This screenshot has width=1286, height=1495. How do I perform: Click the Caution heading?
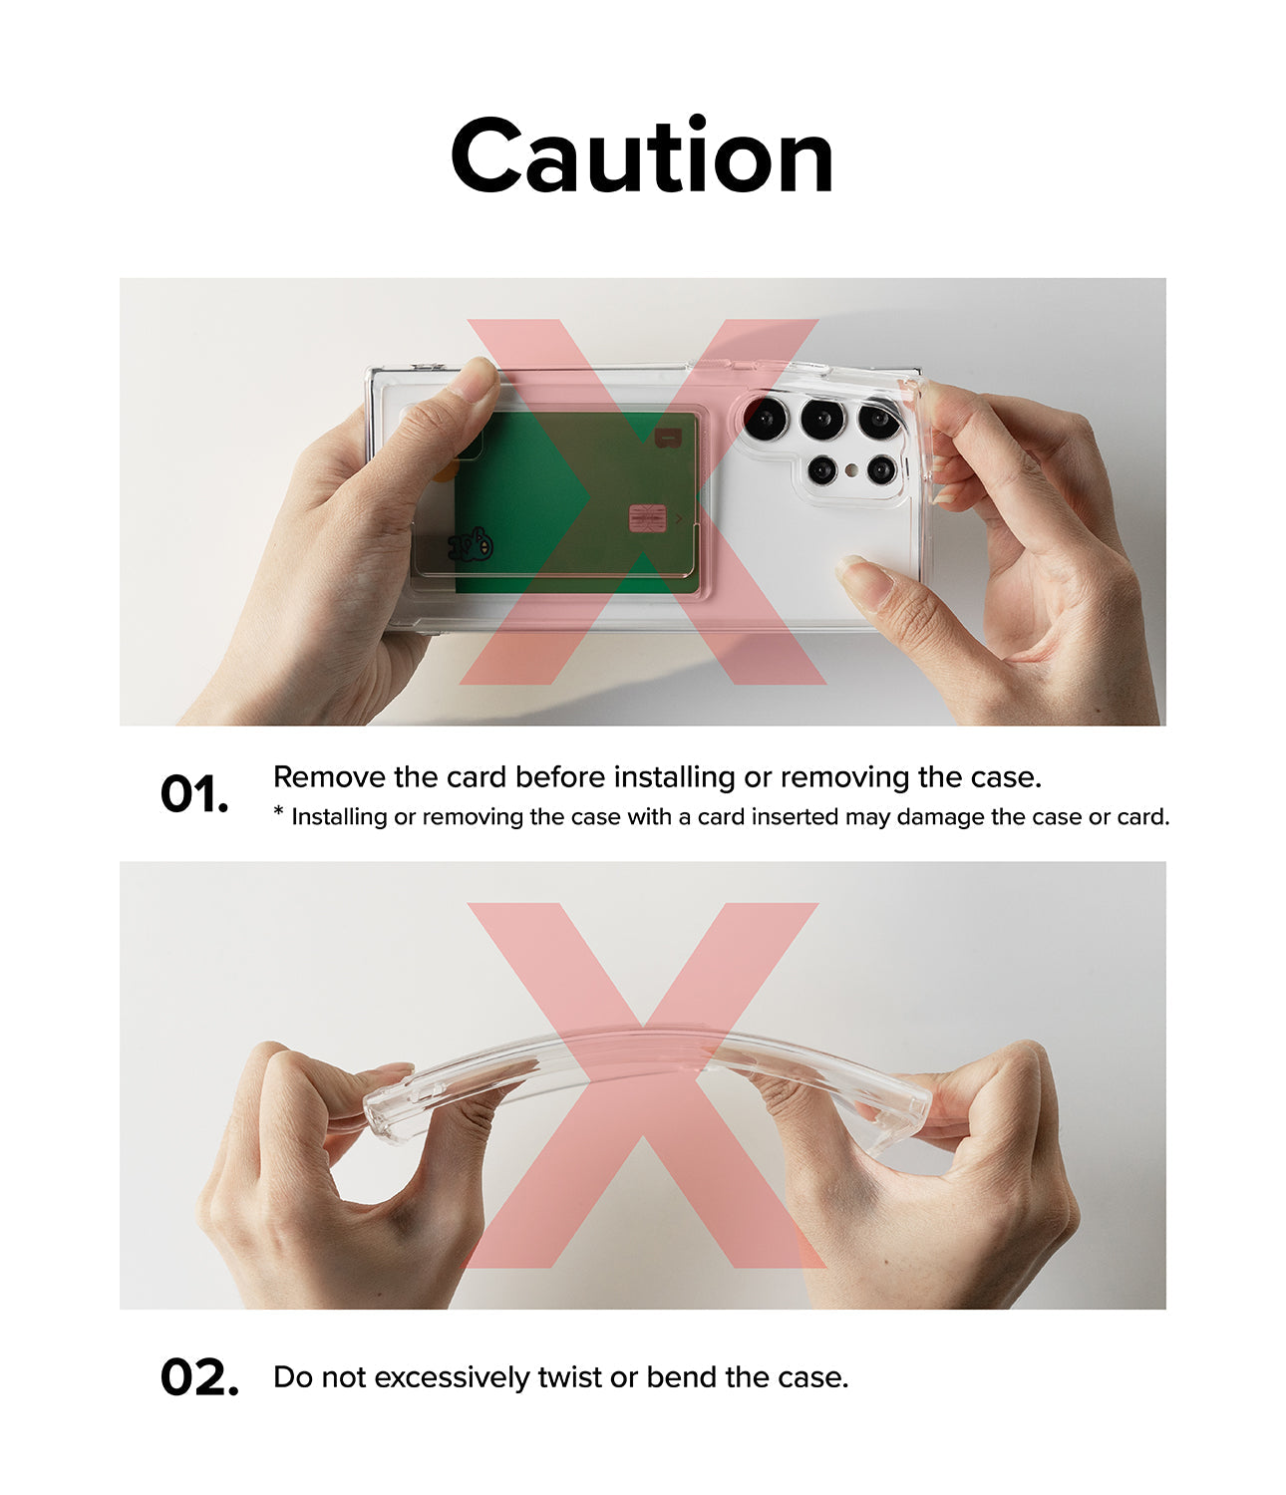pos(642,155)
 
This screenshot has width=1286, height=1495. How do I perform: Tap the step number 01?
pos(193,794)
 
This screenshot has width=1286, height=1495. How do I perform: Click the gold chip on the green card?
pos(647,518)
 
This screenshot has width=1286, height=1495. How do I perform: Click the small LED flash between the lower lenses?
pos(851,470)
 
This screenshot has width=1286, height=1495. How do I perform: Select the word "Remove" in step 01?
pos(329,777)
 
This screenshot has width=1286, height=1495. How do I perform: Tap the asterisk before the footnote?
pos(278,811)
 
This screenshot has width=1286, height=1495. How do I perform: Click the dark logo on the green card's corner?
pos(668,438)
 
